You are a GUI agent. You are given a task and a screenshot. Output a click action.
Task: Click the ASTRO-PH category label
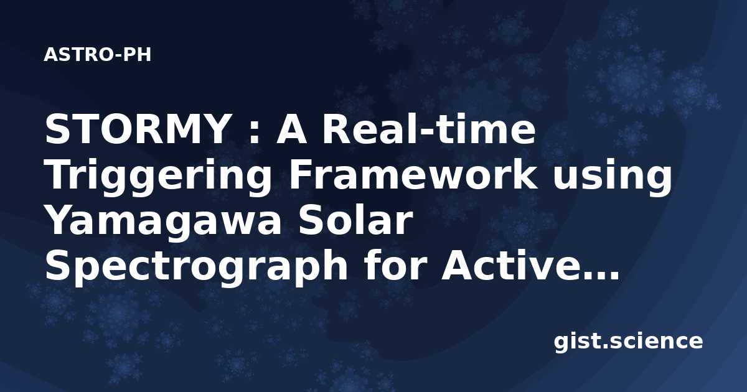click(x=97, y=55)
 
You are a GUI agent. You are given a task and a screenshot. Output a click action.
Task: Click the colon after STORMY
click(x=254, y=133)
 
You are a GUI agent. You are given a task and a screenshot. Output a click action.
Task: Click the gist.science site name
click(x=628, y=342)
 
